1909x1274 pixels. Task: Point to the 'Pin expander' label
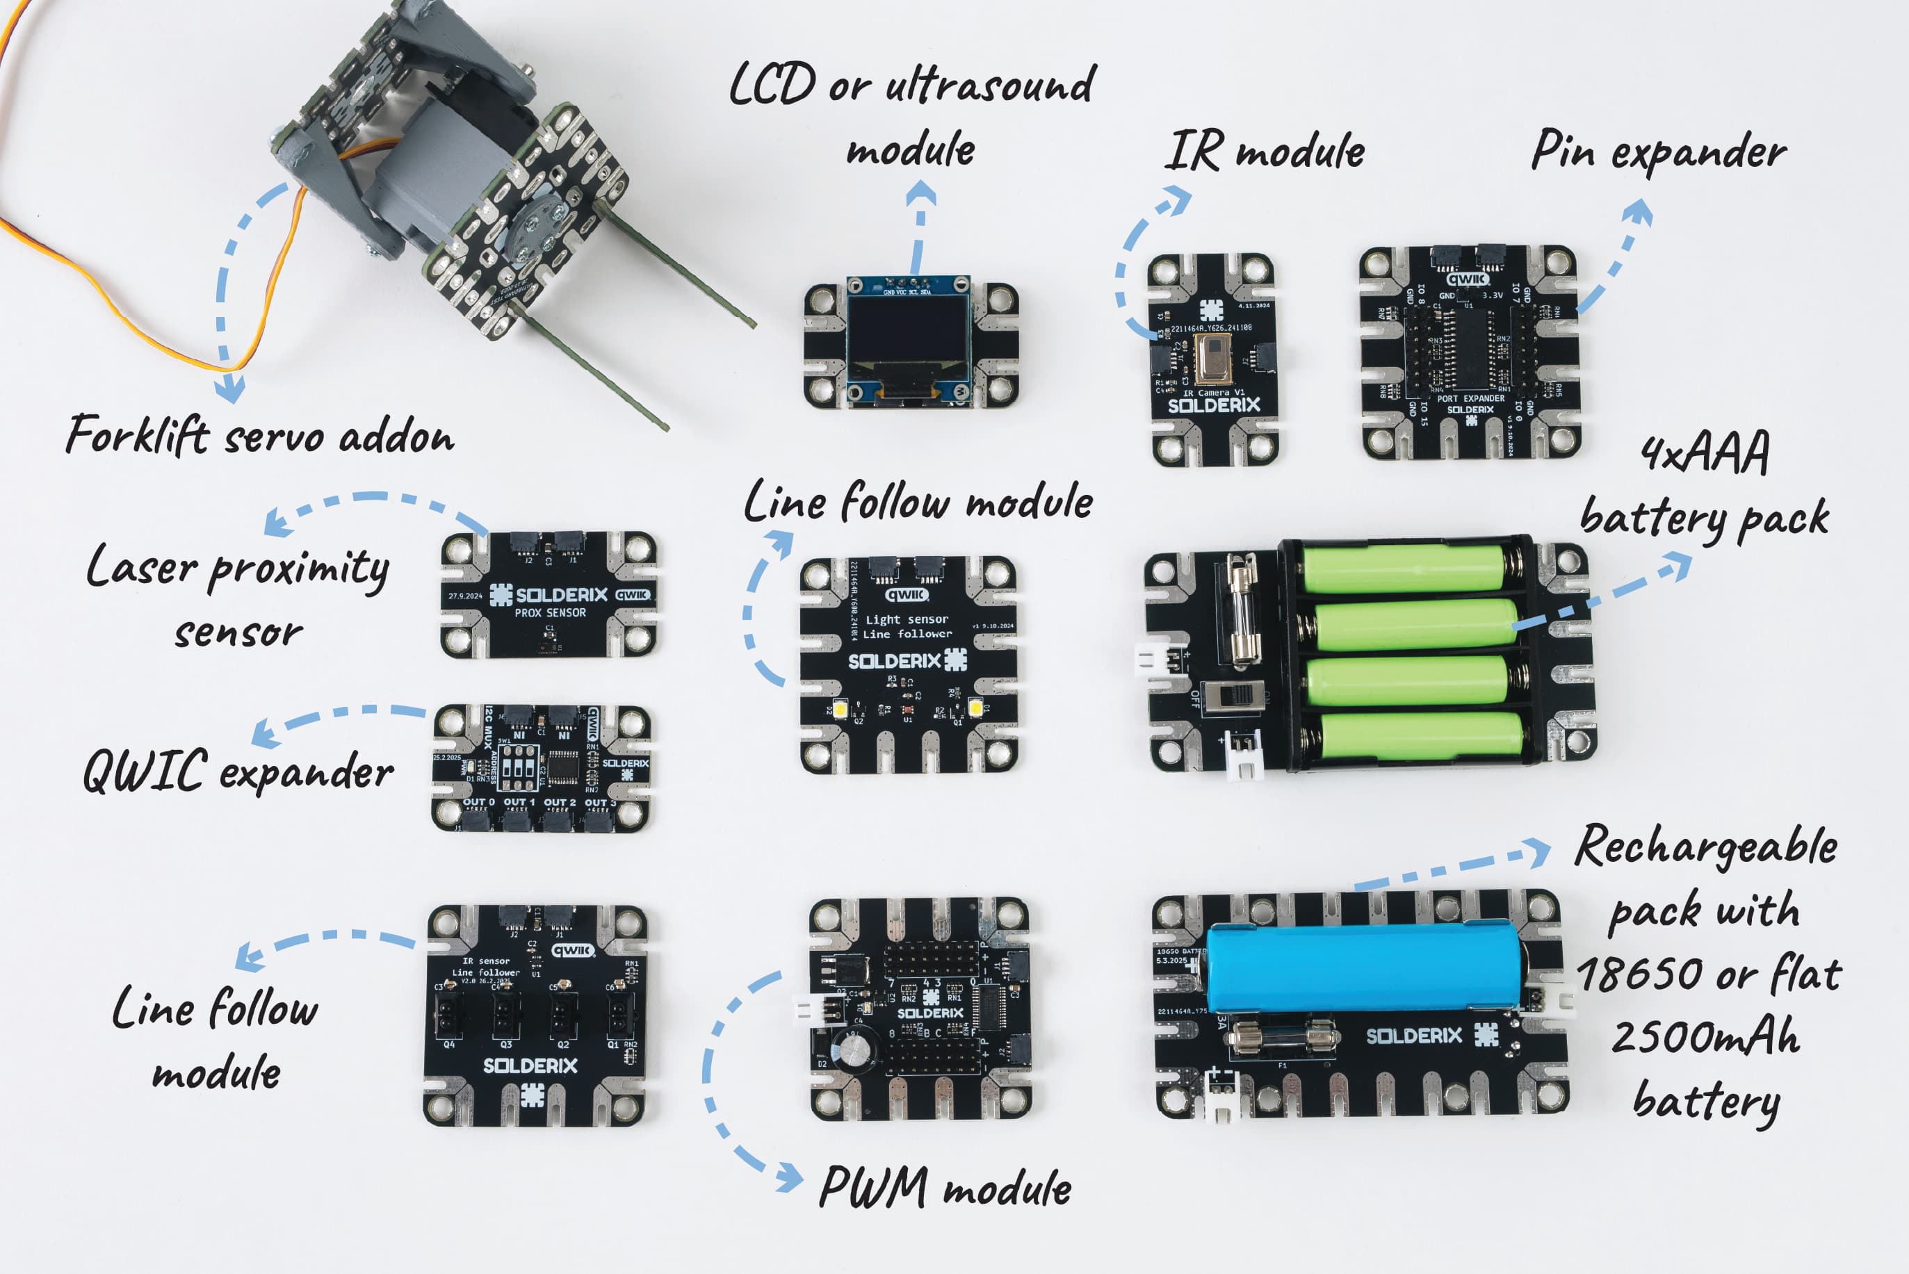click(1658, 153)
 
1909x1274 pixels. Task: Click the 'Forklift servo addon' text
click(260, 436)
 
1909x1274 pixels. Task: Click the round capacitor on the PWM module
click(859, 1047)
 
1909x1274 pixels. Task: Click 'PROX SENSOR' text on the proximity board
click(549, 612)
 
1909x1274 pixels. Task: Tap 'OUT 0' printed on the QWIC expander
click(479, 802)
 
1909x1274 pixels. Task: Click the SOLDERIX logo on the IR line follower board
click(530, 1065)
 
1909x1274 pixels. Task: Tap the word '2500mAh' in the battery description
click(1705, 1038)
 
